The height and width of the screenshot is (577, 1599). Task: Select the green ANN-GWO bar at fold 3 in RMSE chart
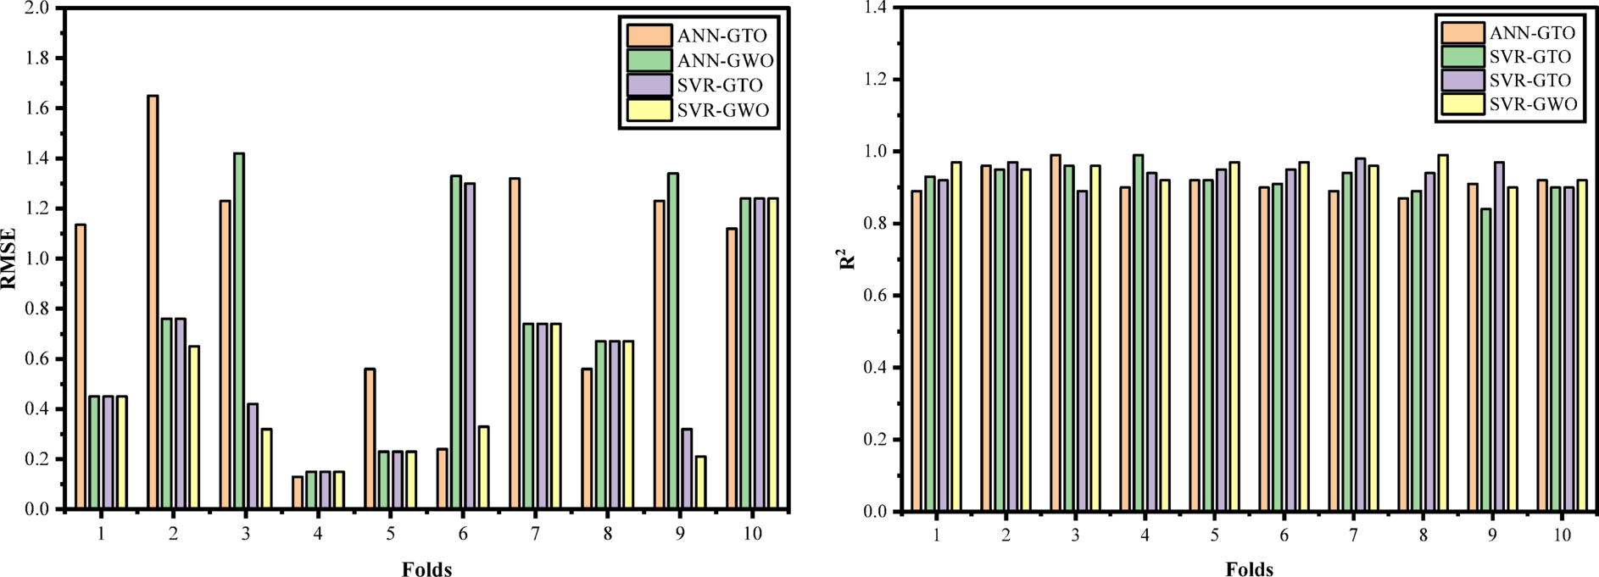(x=239, y=330)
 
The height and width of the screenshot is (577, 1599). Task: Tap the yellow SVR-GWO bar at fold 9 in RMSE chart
(x=700, y=482)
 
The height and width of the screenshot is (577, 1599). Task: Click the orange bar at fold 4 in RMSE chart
(x=298, y=492)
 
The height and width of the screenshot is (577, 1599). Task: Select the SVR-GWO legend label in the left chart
(x=723, y=111)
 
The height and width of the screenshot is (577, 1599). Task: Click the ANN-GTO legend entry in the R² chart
(x=1531, y=33)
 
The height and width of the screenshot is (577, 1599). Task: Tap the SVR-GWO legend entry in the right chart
(x=1533, y=104)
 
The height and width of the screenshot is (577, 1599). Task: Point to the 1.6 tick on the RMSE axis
(x=36, y=108)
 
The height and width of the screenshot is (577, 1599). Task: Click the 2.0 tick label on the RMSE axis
(x=36, y=8)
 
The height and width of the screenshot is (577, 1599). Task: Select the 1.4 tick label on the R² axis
(x=875, y=8)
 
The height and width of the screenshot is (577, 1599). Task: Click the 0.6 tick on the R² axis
(x=875, y=296)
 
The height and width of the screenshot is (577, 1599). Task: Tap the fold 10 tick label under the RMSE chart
(x=752, y=534)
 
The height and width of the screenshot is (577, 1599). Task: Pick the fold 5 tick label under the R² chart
(x=1214, y=535)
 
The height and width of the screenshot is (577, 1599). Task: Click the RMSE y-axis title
(x=8, y=258)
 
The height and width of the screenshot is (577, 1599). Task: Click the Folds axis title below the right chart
(x=1249, y=569)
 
